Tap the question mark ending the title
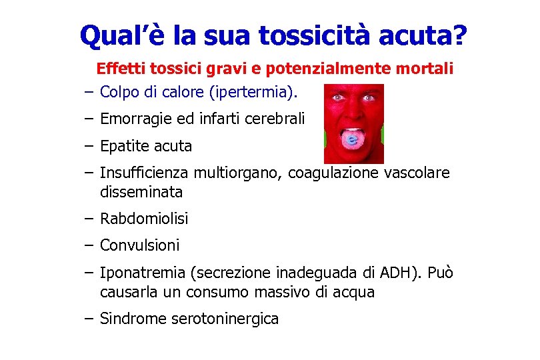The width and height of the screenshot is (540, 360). pos(459,36)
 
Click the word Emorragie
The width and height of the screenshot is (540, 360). pos(133,119)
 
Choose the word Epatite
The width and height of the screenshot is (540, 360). pos(123,146)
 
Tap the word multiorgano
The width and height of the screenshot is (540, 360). pos(238,173)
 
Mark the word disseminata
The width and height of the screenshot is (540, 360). pos(141,193)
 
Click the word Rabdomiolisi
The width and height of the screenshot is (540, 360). pos(144,219)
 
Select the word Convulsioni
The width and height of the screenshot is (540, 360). pos(140,245)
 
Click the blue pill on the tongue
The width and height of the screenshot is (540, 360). pos(353,141)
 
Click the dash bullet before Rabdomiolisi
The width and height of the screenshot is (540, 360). pos(89,219)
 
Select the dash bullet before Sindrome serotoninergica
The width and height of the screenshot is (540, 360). pos(89,319)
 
